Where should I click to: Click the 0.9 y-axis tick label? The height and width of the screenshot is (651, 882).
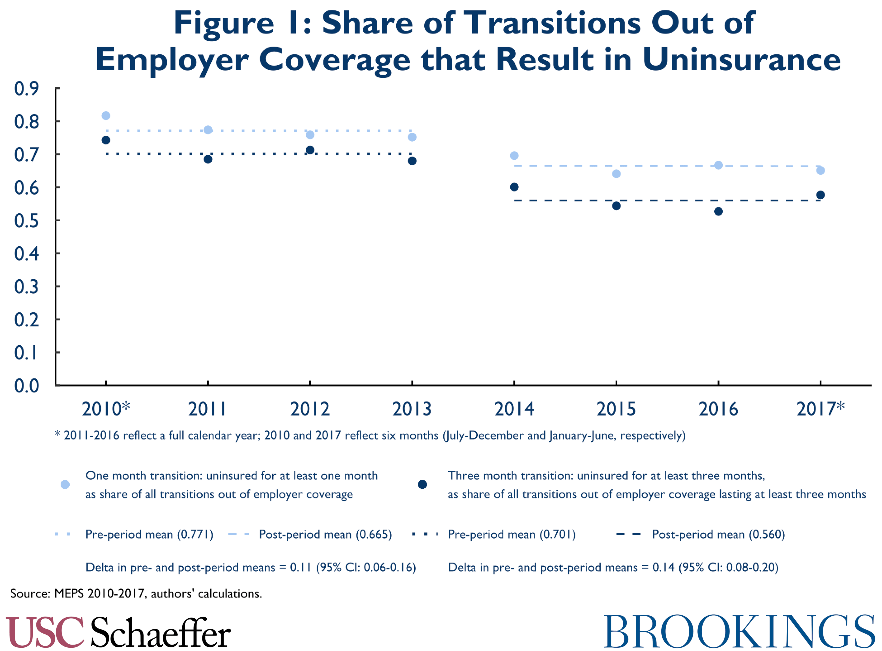26,89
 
